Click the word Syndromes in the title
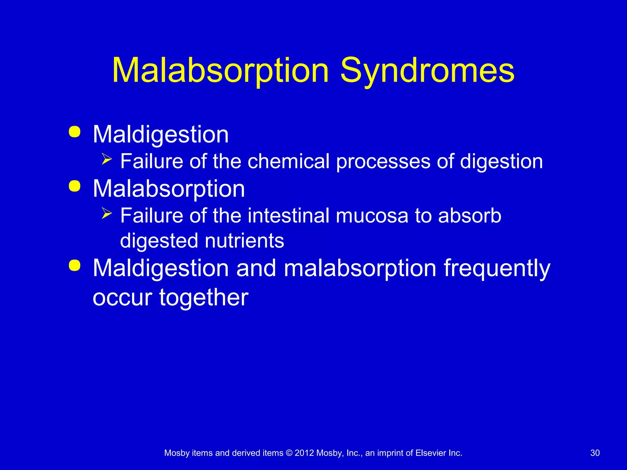pyautogui.click(x=427, y=71)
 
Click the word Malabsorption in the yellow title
pyautogui.click(x=220, y=71)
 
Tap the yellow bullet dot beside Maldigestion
pyautogui.click(x=75, y=132)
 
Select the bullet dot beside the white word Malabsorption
pyautogui.click(x=75, y=186)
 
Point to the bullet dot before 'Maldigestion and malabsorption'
pyautogui.click(x=75, y=265)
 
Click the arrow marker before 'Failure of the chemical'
pyautogui.click(x=107, y=159)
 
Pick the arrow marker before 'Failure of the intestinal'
pyautogui.click(x=107, y=213)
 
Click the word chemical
pyautogui.click(x=288, y=161)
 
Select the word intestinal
pyautogui.click(x=288, y=215)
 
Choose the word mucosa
pyautogui.click(x=372, y=215)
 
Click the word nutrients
pyautogui.click(x=244, y=241)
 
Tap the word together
pyautogui.click(x=204, y=297)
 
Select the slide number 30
pyautogui.click(x=595, y=453)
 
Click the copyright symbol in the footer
pyautogui.click(x=289, y=453)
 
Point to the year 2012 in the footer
pyautogui.click(x=304, y=453)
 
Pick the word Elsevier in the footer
pyautogui.click(x=431, y=453)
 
